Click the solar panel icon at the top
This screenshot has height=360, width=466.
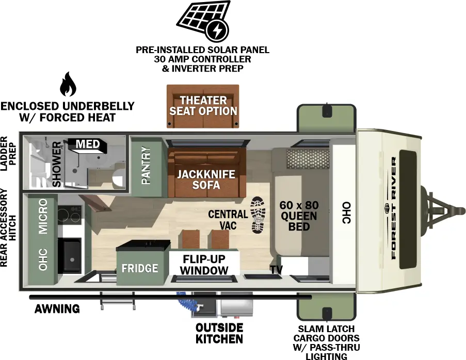pyautogui.click(x=203, y=22)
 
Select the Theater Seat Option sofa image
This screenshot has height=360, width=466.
pyautogui.click(x=203, y=106)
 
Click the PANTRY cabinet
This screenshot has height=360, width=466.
pyautogui.click(x=147, y=166)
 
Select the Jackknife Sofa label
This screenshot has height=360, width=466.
pyautogui.click(x=206, y=179)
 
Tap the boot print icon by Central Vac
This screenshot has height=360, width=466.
pyautogui.click(x=257, y=215)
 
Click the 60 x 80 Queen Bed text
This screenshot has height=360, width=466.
pyautogui.click(x=298, y=216)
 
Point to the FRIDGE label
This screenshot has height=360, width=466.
pyautogui.click(x=139, y=268)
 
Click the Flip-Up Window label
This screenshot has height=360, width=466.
pyautogui.click(x=205, y=265)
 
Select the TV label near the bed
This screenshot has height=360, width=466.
pyautogui.click(x=276, y=269)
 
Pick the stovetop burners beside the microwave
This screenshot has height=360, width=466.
pyautogui.click(x=69, y=216)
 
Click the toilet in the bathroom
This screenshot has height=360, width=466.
pyautogui.click(x=117, y=174)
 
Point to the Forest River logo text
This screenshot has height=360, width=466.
pyautogui.click(x=394, y=209)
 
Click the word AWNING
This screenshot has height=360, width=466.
pyautogui.click(x=57, y=309)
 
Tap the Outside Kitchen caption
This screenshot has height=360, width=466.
pyautogui.click(x=219, y=333)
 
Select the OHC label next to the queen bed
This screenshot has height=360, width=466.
pyautogui.click(x=345, y=212)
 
